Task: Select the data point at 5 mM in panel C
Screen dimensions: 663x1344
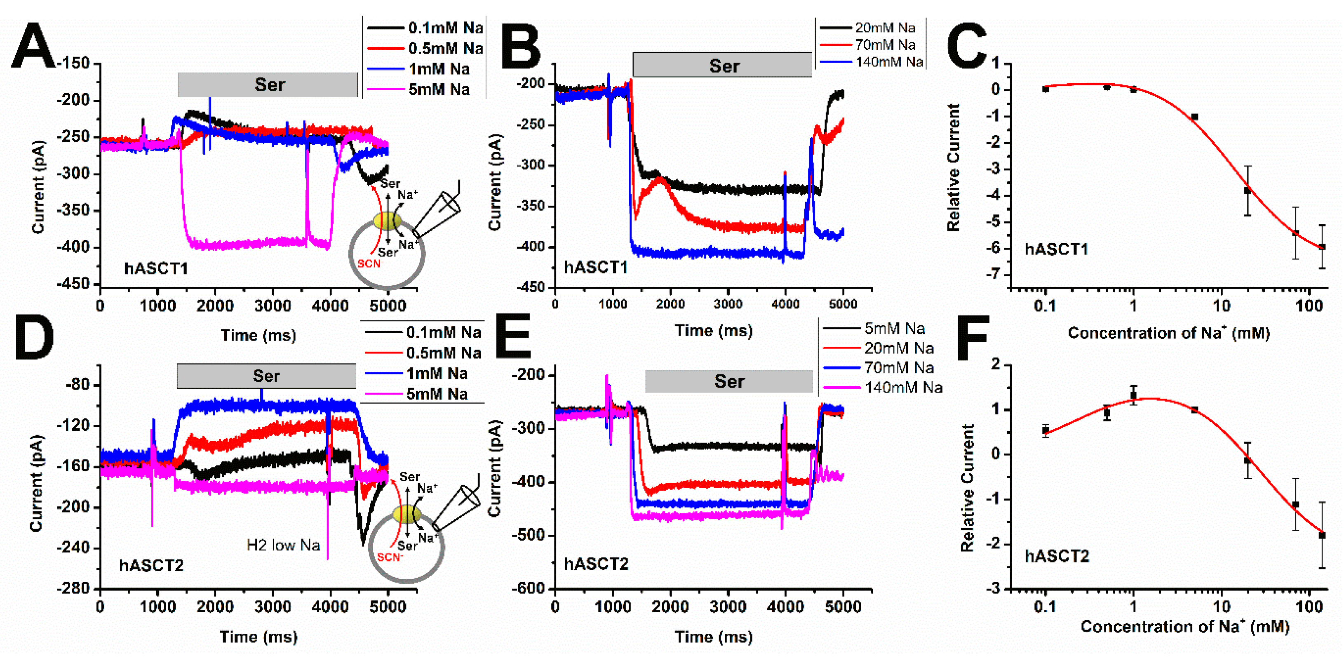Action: [x=1194, y=117]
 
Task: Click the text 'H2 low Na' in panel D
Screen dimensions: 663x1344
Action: [x=283, y=545]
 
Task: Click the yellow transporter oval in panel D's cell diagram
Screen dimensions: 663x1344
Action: [x=407, y=514]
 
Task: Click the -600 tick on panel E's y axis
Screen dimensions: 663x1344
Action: [x=530, y=588]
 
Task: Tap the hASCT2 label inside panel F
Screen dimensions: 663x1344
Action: [x=1057, y=557]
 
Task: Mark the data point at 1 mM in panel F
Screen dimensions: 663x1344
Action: [x=1133, y=395]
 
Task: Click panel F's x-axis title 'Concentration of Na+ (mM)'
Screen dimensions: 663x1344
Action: [x=1184, y=626]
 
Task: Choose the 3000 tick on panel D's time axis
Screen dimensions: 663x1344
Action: [x=273, y=607]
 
